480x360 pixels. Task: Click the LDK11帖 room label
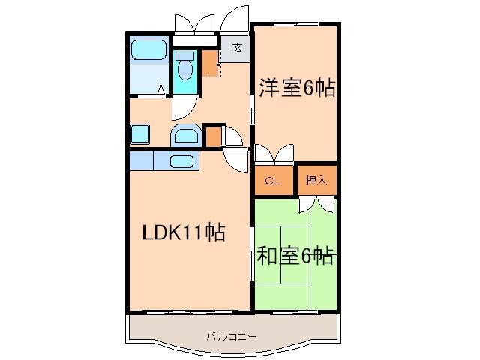tap(184, 232)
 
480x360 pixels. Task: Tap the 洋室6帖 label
tap(297, 88)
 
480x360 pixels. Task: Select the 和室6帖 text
tap(295, 256)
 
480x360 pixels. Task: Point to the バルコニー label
tap(232, 337)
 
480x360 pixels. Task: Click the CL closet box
tap(273, 181)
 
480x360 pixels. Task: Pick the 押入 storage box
tap(316, 181)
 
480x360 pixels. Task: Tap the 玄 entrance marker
tap(237, 49)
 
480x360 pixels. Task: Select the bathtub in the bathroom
tap(148, 52)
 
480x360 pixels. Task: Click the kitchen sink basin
tap(182, 161)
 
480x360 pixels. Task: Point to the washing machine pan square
tap(139, 135)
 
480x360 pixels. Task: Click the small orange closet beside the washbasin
tap(213, 136)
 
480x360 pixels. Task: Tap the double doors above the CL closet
tap(274, 155)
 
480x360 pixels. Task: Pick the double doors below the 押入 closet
tap(316, 205)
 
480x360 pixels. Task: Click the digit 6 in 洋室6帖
tap(309, 88)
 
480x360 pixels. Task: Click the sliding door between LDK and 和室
tap(253, 255)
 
